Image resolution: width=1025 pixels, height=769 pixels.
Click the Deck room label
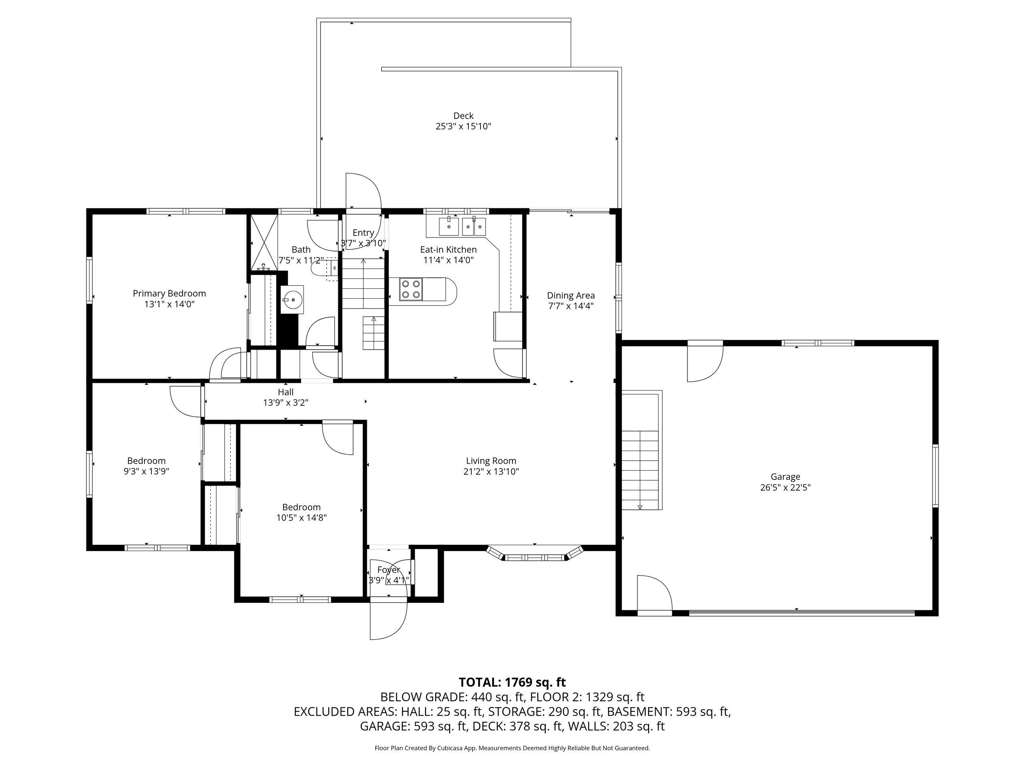tap(463, 116)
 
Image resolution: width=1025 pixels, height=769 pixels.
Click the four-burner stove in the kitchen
tap(410, 289)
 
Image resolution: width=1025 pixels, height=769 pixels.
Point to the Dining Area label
tap(571, 295)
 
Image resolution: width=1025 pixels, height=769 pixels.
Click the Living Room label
tap(491, 461)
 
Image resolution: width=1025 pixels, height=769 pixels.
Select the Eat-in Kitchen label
tap(448, 250)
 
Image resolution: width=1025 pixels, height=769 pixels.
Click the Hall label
tap(286, 392)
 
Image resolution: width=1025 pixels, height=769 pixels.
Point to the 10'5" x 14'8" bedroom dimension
tap(301, 518)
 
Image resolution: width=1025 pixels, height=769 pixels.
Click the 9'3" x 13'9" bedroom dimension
tap(147, 471)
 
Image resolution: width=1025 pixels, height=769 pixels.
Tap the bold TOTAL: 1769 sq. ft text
tap(512, 682)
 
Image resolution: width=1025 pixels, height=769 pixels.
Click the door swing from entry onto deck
tap(363, 211)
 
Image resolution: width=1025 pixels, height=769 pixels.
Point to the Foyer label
tap(388, 570)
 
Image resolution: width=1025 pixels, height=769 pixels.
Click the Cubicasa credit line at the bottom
tap(512, 748)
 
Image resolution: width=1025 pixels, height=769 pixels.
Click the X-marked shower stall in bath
tap(264, 242)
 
